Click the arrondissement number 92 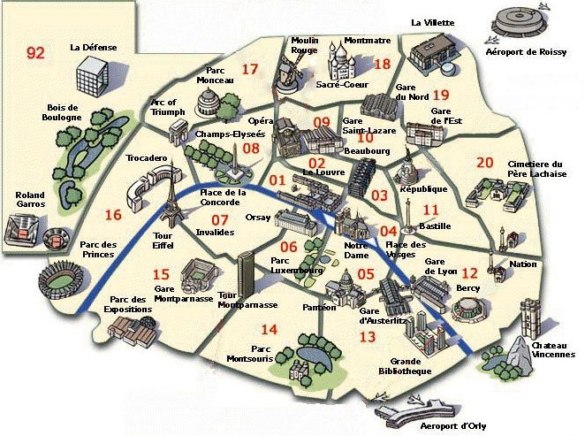(35, 53)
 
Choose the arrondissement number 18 (382, 64)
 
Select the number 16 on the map (112, 214)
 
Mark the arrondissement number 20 (484, 163)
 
